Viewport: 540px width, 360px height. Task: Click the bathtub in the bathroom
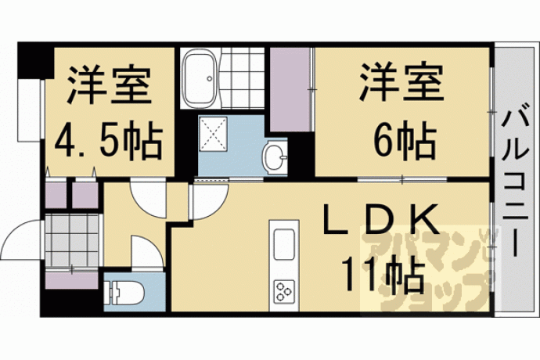point(200,78)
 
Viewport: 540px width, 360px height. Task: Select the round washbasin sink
point(275,157)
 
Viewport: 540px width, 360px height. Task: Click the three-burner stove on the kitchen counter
point(284,292)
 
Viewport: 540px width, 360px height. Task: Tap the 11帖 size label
point(382,275)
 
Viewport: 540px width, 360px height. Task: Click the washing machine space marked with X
point(213,133)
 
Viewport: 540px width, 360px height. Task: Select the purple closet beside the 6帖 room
point(290,89)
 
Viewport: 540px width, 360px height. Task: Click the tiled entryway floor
point(72,240)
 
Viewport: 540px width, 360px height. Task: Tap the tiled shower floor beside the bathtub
point(243,78)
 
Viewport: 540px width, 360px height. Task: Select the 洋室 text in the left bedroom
point(109,85)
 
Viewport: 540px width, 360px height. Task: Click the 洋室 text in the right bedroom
point(402,83)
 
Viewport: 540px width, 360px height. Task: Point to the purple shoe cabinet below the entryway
point(72,280)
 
